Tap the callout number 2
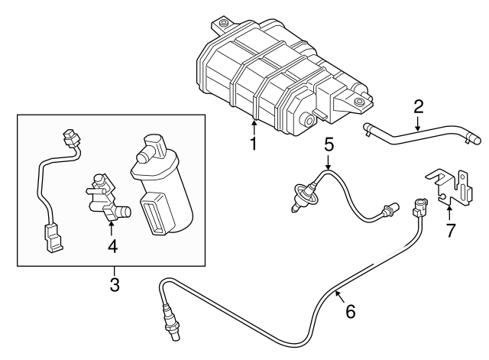(x=418, y=105)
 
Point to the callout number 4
(x=112, y=246)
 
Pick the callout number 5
(x=329, y=143)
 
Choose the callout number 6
(x=351, y=311)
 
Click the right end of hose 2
(x=475, y=140)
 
